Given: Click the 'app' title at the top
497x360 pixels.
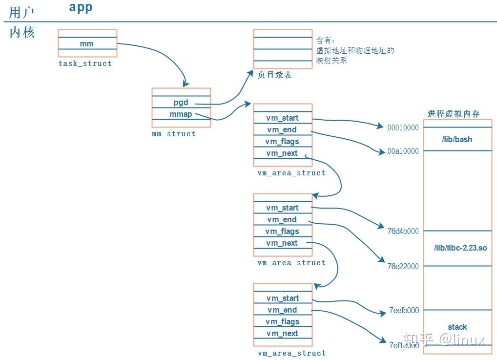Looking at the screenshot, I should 81,7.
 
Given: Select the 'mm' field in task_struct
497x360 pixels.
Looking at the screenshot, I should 87,44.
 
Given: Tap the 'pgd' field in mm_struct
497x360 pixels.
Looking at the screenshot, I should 181,103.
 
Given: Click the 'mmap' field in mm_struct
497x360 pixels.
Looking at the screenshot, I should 181,114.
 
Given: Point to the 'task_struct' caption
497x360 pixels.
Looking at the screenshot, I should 85,64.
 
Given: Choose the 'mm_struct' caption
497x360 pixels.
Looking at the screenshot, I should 173,134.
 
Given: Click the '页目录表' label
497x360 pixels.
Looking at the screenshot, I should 275,75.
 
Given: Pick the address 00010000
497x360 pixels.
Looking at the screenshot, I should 403,127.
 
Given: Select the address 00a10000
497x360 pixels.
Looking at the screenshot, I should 403,151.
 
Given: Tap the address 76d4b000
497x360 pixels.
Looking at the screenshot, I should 403,231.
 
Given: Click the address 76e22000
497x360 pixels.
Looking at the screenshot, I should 403,266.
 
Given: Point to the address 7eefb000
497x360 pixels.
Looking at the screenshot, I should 404,310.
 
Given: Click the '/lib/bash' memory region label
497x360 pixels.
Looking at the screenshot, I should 457,140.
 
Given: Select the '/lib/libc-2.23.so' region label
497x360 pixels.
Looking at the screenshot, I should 460,248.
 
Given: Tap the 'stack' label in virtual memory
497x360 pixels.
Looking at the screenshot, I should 457,327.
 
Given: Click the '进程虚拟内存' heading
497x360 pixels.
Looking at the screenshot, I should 454,114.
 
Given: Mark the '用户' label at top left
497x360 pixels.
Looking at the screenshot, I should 22,12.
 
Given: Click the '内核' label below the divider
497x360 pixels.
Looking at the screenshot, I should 22,33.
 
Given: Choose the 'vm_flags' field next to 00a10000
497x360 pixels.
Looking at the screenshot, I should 282,142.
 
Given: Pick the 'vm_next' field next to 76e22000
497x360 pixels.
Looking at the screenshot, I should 282,243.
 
